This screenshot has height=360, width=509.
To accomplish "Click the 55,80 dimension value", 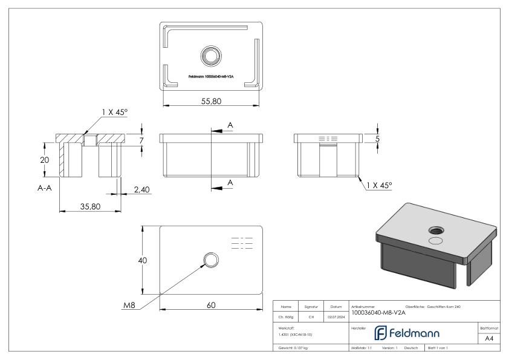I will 211,102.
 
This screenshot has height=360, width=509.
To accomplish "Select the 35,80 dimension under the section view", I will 89,206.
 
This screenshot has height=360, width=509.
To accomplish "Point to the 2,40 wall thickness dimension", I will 141,189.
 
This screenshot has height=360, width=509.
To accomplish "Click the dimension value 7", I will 142,140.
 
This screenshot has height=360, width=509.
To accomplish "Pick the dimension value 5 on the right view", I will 378,139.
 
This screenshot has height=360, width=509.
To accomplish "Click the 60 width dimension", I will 211,305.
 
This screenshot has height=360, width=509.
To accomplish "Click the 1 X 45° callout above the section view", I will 114,112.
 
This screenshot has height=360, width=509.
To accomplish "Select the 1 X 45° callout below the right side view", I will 378,185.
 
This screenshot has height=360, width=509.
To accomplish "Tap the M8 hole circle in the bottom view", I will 211,261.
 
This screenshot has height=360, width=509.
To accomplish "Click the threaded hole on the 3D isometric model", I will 435,231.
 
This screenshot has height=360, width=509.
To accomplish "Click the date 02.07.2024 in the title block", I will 336,316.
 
